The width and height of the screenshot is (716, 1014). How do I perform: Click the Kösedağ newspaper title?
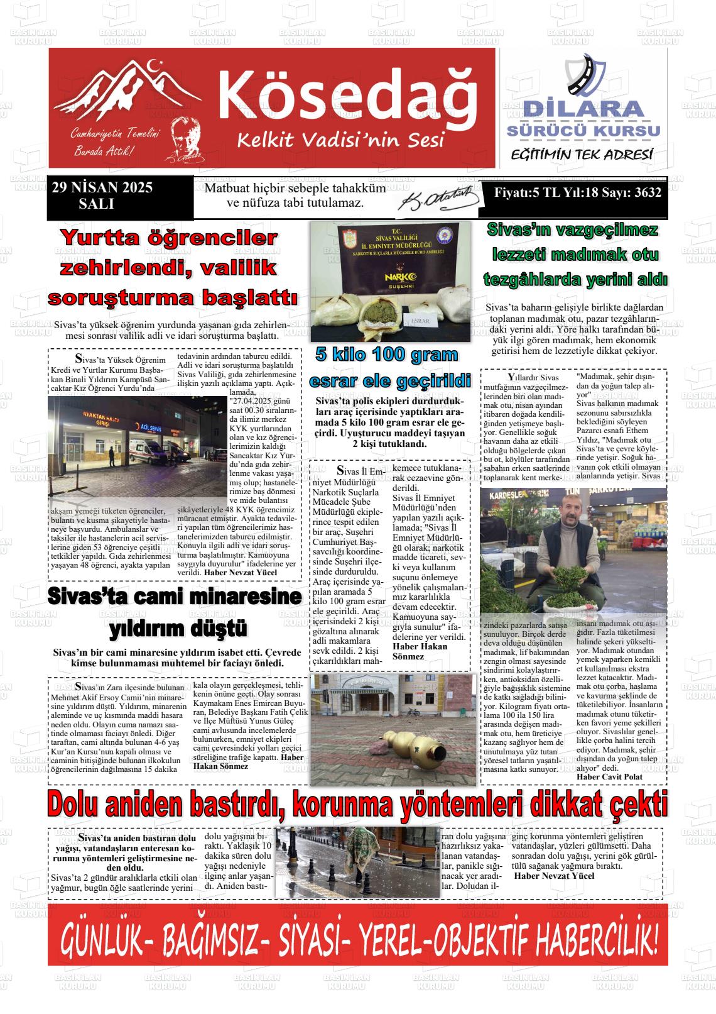coord(347,92)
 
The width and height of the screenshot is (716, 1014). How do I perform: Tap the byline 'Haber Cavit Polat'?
coord(609,777)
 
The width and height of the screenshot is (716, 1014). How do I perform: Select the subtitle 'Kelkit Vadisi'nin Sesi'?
coord(340,140)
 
